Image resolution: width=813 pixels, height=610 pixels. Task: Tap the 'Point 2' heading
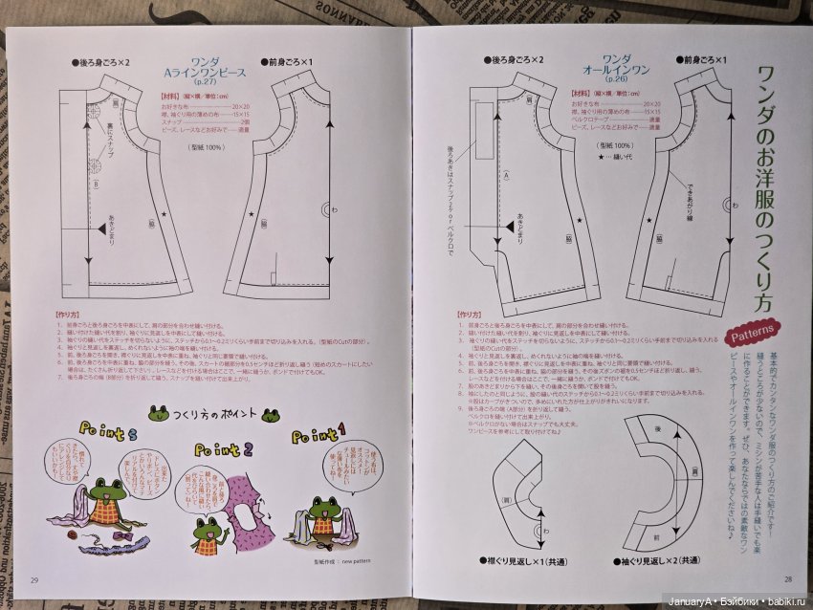pyautogui.click(x=224, y=449)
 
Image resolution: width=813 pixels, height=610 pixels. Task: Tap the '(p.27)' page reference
pyautogui.click(x=205, y=83)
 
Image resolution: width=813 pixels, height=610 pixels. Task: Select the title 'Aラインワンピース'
pyautogui.click(x=205, y=72)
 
